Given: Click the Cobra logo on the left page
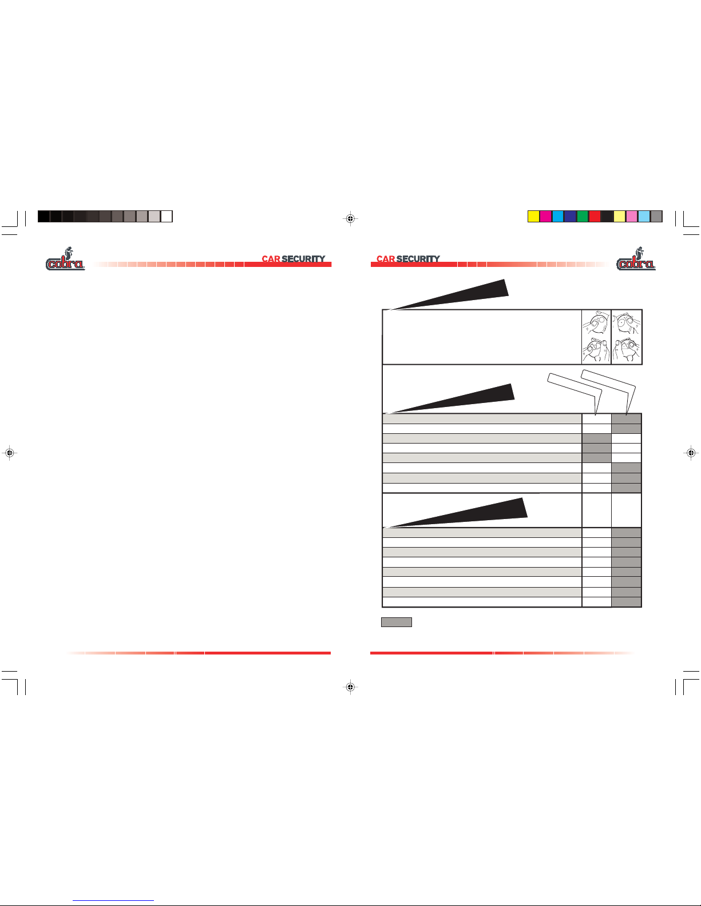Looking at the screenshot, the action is click(x=65, y=259).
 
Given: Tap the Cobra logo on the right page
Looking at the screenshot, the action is click(x=636, y=259).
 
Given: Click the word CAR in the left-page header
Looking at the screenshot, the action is click(x=271, y=259).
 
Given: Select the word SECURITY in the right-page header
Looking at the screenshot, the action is click(x=418, y=259).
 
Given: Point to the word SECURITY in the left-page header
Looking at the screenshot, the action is click(x=303, y=259).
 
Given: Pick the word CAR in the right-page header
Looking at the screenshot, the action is click(x=386, y=259).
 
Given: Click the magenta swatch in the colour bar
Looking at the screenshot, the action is click(x=546, y=217).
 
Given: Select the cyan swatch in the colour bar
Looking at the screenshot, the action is click(x=558, y=217).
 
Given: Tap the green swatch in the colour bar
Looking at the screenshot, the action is click(x=583, y=217).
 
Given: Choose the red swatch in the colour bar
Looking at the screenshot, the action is click(x=595, y=217).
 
